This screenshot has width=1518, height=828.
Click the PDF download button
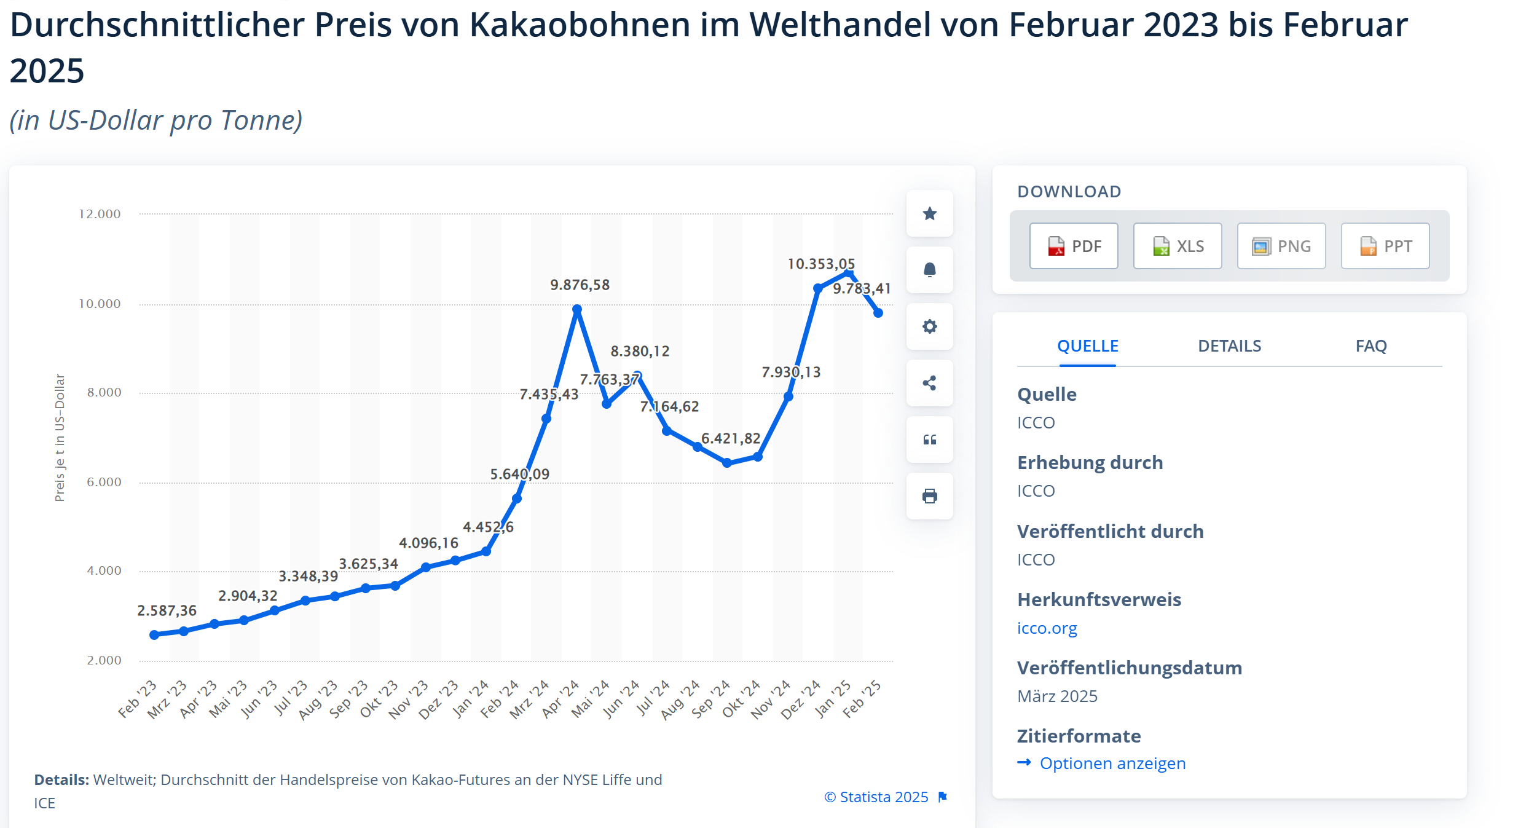(x=1073, y=246)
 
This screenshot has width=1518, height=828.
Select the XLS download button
(x=1177, y=246)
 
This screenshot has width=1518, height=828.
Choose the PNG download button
(x=1281, y=246)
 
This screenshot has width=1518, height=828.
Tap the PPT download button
(x=1385, y=246)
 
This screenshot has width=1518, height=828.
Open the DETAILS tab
(x=1229, y=346)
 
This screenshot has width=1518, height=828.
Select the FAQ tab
(x=1371, y=346)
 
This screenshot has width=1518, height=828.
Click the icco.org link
(x=1047, y=628)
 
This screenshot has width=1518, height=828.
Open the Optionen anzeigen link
(x=1112, y=763)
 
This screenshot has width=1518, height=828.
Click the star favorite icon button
(x=929, y=213)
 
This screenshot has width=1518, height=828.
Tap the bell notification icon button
(x=929, y=270)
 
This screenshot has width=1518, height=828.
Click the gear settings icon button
(x=929, y=326)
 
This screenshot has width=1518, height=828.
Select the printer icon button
(x=929, y=496)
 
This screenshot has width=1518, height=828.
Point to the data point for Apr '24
(x=576, y=310)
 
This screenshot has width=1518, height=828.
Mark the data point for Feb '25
(x=878, y=313)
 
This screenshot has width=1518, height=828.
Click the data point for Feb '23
(x=154, y=635)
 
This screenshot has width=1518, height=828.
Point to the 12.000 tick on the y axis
(x=100, y=214)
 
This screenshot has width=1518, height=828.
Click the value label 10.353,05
(x=821, y=264)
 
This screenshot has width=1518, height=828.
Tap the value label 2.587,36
(x=167, y=610)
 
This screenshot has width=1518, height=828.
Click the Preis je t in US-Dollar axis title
(x=60, y=438)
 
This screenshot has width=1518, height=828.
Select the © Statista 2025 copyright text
(x=876, y=797)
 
